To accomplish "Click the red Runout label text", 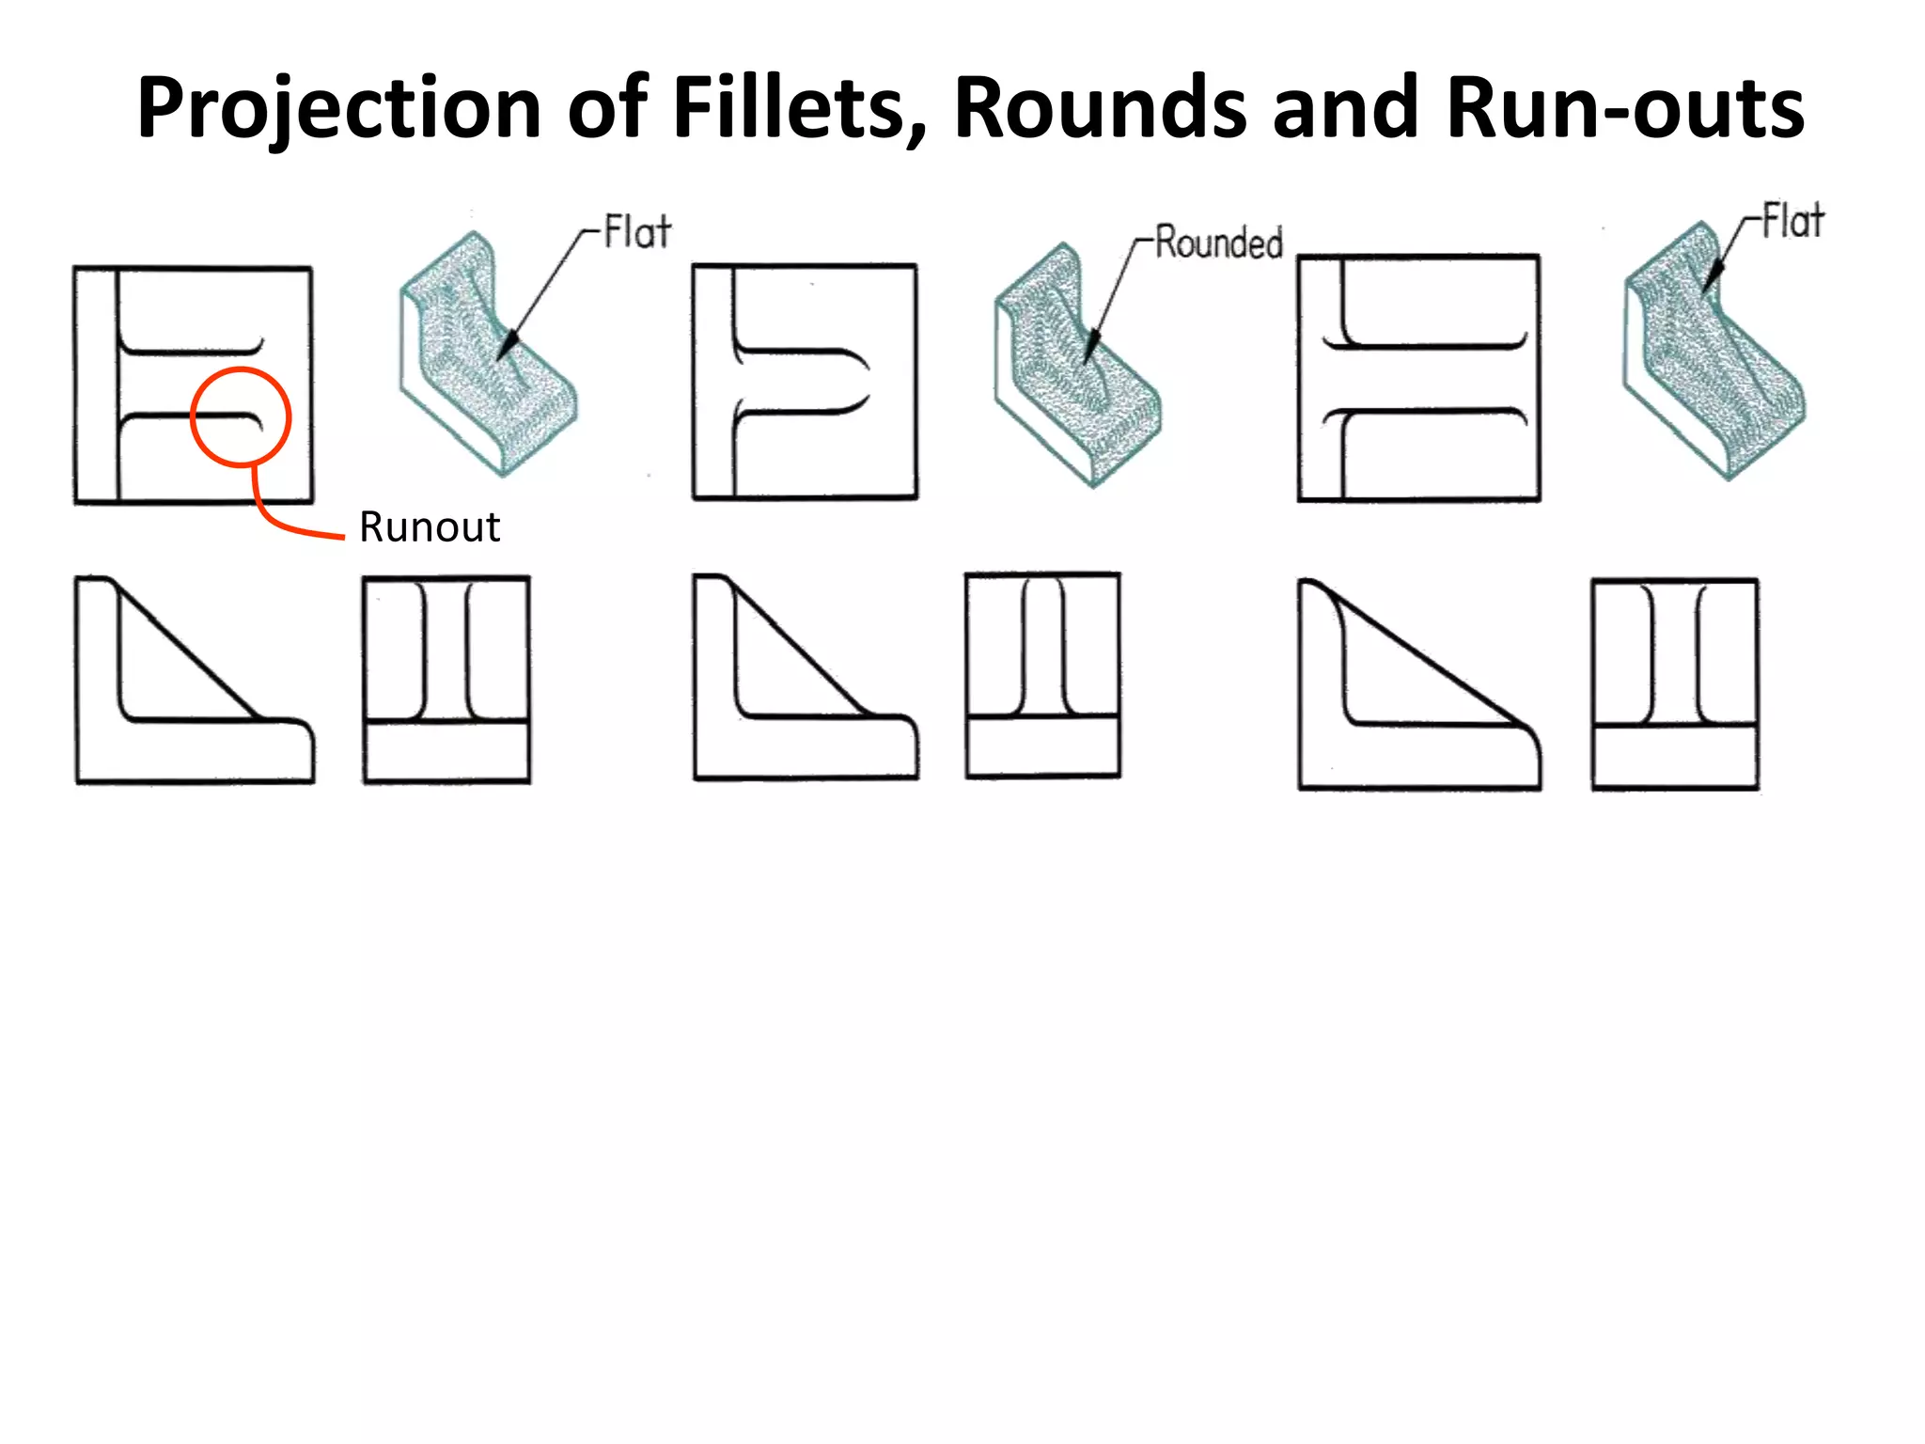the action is point(430,527).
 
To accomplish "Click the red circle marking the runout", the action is point(241,416).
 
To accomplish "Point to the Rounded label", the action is point(1218,243).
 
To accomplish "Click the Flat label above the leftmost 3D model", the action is point(637,232).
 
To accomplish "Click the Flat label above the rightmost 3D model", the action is point(1792,222).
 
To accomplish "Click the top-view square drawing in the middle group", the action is point(805,382).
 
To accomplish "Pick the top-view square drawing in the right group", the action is point(1419,378).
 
